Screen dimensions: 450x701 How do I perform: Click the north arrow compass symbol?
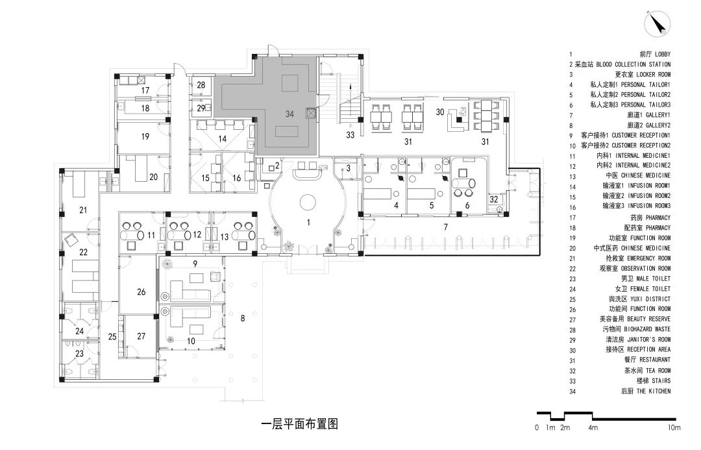tap(657, 25)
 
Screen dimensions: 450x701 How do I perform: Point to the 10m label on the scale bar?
tap(673, 428)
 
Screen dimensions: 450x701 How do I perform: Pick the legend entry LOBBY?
tap(658, 55)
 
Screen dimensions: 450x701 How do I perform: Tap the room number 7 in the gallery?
tap(445, 227)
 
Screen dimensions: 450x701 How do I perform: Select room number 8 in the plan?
tap(242, 318)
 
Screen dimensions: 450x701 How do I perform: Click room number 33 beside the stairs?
tap(350, 135)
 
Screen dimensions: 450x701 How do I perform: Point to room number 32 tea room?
tap(494, 199)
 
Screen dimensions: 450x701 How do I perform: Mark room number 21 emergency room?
tap(82, 210)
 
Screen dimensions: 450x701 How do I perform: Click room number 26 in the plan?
tap(141, 292)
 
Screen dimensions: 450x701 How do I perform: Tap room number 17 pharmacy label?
tap(146, 90)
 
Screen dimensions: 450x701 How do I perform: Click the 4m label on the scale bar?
tap(593, 428)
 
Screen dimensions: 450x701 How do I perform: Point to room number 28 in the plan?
tap(201, 85)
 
